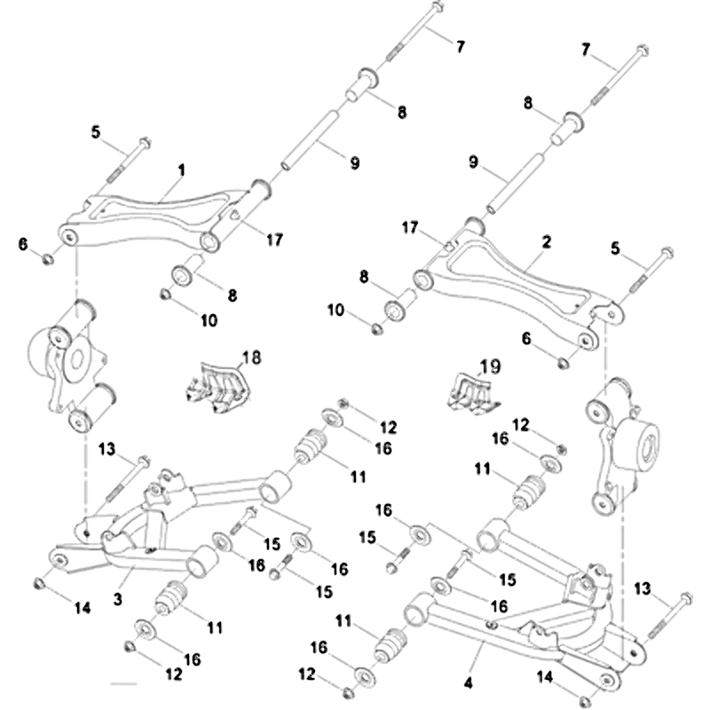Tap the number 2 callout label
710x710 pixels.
[x=547, y=241]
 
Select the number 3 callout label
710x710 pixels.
[x=118, y=599]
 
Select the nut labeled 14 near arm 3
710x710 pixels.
[x=39, y=583]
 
